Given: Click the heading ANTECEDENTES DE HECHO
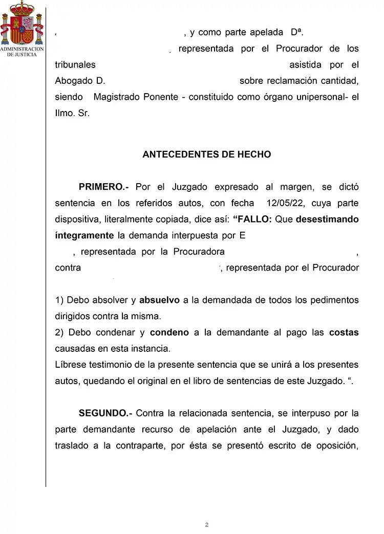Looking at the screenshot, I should pyautogui.click(x=206, y=154).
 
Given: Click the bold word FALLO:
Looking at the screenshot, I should pyautogui.click(x=252, y=219).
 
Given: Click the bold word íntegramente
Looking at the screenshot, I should pyautogui.click(x=84, y=236).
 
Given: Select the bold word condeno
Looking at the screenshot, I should pyautogui.click(x=169, y=332).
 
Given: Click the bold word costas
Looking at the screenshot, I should pyautogui.click(x=344, y=332).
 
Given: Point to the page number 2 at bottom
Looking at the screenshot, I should pyautogui.click(x=206, y=525).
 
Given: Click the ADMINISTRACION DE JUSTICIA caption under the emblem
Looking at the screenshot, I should pyautogui.click(x=21, y=52).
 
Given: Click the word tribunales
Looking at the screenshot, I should pyautogui.click(x=75, y=65).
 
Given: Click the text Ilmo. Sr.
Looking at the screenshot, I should pyautogui.click(x=72, y=114).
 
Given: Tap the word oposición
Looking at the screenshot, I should pyautogui.click(x=336, y=445).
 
